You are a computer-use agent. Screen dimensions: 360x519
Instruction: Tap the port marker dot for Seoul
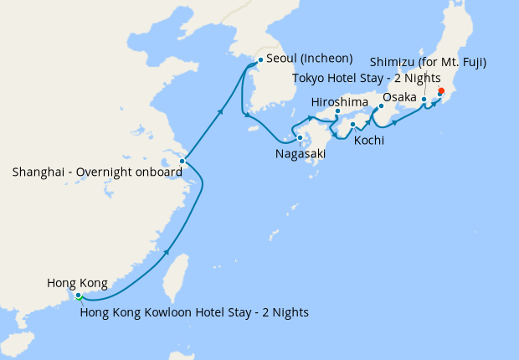pos(261,59)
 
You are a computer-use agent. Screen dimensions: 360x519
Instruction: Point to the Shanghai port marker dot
pos(182,161)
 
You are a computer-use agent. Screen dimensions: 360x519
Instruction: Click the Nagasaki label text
pos(300,154)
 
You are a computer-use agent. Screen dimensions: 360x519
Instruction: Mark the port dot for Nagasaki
pos(299,137)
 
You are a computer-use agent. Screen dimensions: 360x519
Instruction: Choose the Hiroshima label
pos(339,101)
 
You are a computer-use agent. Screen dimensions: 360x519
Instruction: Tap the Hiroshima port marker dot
pos(337,111)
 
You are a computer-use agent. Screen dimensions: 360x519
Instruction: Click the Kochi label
pos(369,140)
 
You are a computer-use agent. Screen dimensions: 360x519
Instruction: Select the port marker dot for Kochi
pos(352,125)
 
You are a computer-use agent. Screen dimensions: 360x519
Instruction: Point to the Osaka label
pos(400,97)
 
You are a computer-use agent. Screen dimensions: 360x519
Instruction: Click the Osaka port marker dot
pos(382,106)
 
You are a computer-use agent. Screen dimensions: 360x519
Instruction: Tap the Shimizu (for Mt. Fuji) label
pos(428,62)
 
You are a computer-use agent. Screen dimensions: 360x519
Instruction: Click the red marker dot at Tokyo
pos(441,92)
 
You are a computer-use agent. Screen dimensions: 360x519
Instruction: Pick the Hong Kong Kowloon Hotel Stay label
pos(194,312)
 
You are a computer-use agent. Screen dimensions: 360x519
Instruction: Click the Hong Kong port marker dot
pos(78,296)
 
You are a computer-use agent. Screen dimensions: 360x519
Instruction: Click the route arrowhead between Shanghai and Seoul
pos(220,111)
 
